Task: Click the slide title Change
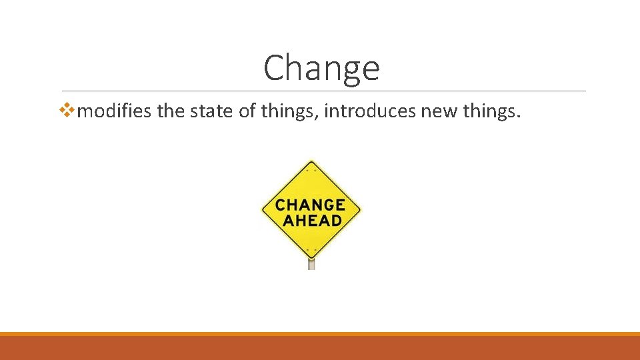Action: coord(321,67)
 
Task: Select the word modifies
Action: coord(115,111)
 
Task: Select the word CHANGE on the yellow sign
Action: coord(311,204)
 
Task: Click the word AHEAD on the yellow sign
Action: coord(311,220)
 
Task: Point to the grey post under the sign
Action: coord(311,264)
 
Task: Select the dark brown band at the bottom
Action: coord(320,348)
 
